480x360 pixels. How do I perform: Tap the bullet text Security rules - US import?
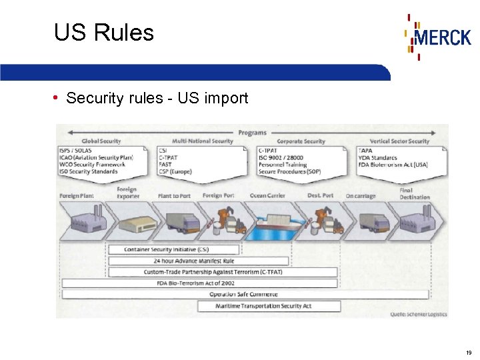[x=157, y=99]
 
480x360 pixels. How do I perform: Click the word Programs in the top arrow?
[x=252, y=133]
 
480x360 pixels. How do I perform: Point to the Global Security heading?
[x=101, y=141]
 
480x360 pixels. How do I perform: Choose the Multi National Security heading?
[x=203, y=141]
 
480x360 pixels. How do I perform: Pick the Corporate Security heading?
[x=301, y=141]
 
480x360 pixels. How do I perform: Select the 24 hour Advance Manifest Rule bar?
[x=198, y=261]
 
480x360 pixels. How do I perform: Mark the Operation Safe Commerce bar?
[x=244, y=294]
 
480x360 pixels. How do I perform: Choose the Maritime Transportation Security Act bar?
[x=269, y=306]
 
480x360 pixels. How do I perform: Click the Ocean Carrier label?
[x=267, y=196]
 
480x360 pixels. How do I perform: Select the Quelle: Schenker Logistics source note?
[x=419, y=314]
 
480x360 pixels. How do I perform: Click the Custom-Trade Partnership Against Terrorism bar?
[x=222, y=272]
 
